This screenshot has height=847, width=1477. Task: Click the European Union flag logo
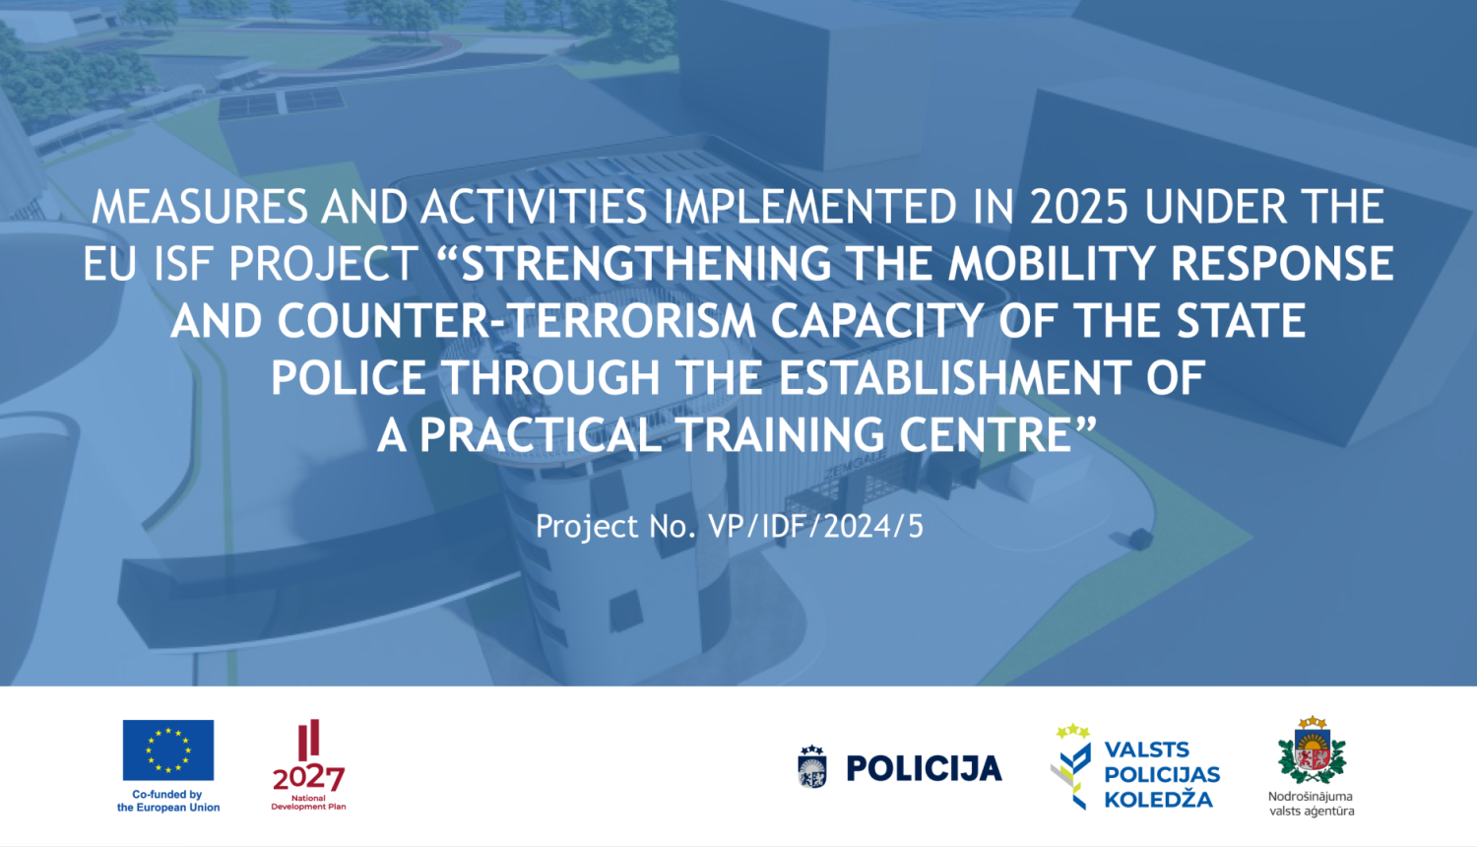click(168, 750)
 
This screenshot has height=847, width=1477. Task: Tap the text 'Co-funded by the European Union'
click(168, 801)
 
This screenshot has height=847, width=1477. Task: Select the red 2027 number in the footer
click(308, 779)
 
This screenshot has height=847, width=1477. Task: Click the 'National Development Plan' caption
click(308, 802)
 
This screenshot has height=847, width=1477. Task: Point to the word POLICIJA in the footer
click(924, 768)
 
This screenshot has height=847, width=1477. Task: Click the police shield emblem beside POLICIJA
click(811, 767)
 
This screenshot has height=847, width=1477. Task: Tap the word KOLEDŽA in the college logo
click(1159, 800)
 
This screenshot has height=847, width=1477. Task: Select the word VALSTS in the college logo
click(1147, 749)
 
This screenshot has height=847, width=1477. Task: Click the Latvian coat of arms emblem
click(1313, 750)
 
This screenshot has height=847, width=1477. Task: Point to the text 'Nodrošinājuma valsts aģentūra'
click(1312, 804)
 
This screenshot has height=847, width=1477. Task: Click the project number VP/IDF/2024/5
click(815, 526)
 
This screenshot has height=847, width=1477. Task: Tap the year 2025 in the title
click(1079, 207)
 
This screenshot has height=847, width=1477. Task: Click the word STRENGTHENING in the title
click(646, 263)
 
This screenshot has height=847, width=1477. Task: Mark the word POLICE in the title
click(349, 377)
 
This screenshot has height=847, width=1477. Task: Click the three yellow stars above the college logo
click(1073, 731)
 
